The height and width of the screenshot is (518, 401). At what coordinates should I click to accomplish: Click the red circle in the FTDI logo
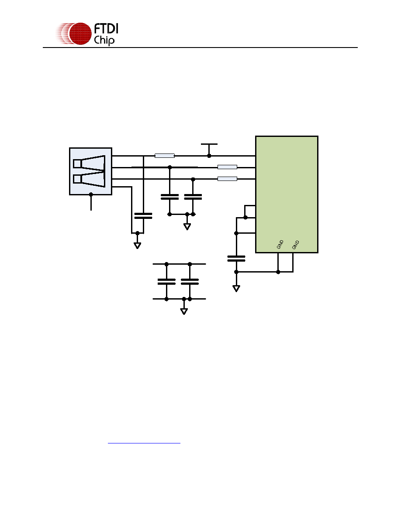tap(80, 34)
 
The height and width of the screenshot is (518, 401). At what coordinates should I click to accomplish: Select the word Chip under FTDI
tap(104, 40)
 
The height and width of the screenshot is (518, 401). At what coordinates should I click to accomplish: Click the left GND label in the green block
tap(280, 245)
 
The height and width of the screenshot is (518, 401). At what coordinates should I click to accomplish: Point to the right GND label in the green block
tap(295, 245)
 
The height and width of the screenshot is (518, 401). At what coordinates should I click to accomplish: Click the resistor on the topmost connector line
tap(165, 156)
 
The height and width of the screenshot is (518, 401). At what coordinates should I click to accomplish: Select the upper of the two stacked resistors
tap(227, 167)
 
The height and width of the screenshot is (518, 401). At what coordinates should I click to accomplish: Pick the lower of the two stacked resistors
tap(227, 179)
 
